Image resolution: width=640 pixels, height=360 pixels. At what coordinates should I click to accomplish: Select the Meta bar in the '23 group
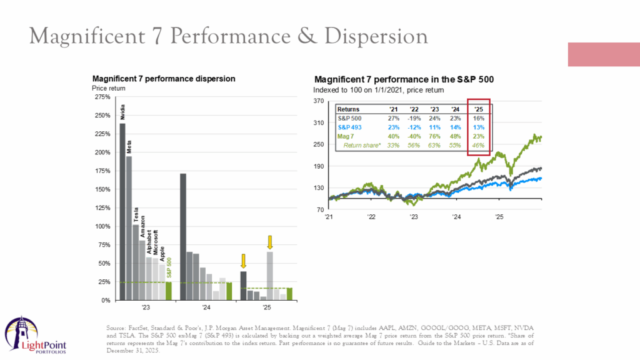129,227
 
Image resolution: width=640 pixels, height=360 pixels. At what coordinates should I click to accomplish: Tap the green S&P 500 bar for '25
289,294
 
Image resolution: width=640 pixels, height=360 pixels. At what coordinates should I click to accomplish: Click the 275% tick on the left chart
102,97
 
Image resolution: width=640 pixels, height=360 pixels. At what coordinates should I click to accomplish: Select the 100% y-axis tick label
102,226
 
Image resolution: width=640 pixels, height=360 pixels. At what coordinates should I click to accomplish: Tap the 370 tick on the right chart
318,101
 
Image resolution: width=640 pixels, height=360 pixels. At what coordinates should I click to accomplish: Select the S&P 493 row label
351,127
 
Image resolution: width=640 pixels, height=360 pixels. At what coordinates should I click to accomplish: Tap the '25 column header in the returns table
479,108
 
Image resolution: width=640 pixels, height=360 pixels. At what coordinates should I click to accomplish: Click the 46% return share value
479,145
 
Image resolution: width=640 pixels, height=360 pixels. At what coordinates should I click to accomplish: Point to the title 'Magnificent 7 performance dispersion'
164,79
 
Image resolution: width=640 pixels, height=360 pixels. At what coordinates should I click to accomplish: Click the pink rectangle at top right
603,54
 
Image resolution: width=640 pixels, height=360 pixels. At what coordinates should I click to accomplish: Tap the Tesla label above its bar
136,214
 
